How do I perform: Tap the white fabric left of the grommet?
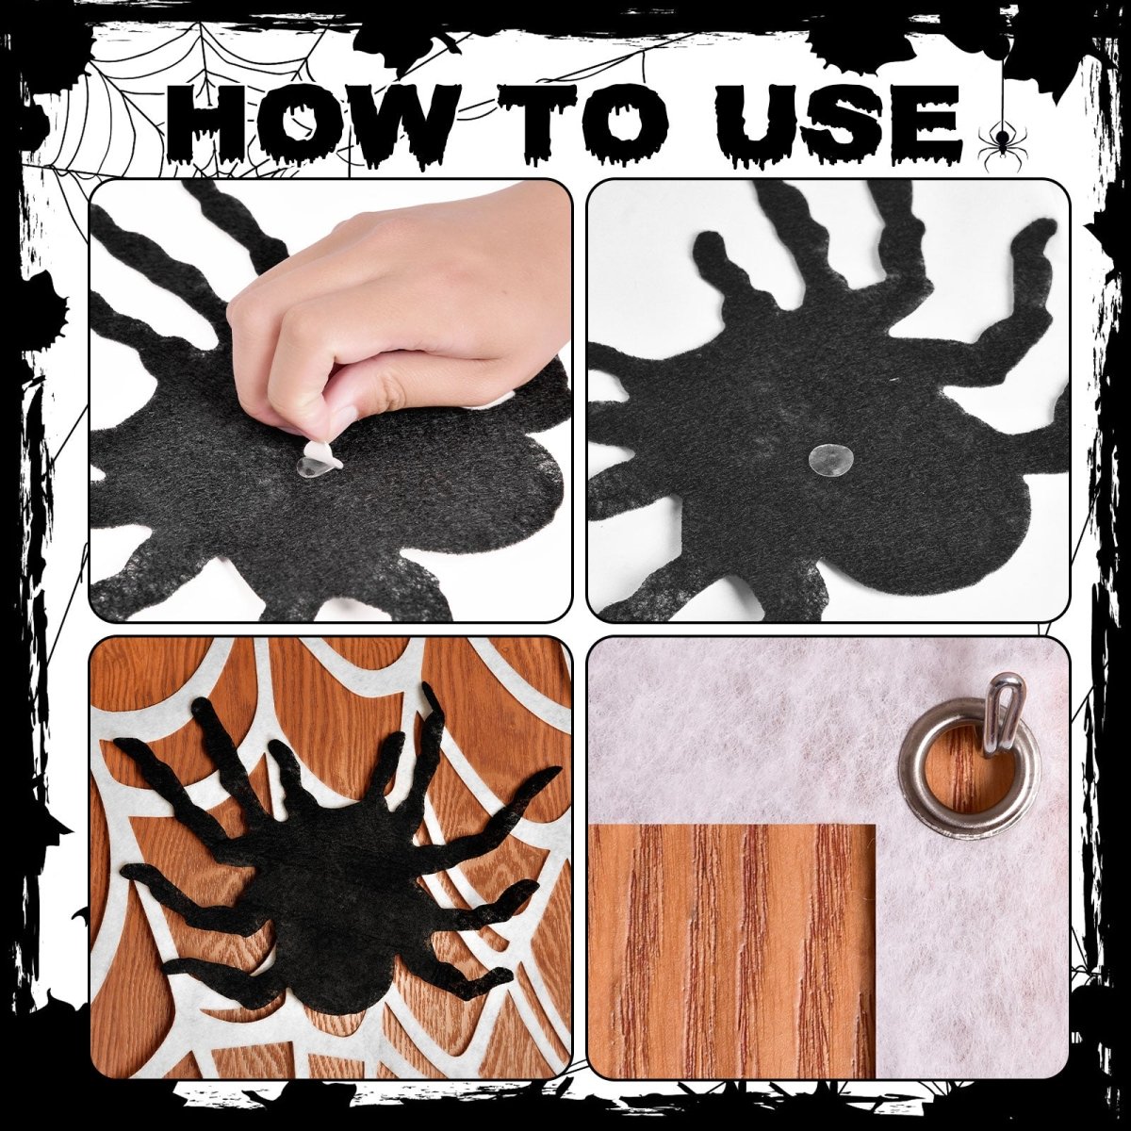pos(754,735)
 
